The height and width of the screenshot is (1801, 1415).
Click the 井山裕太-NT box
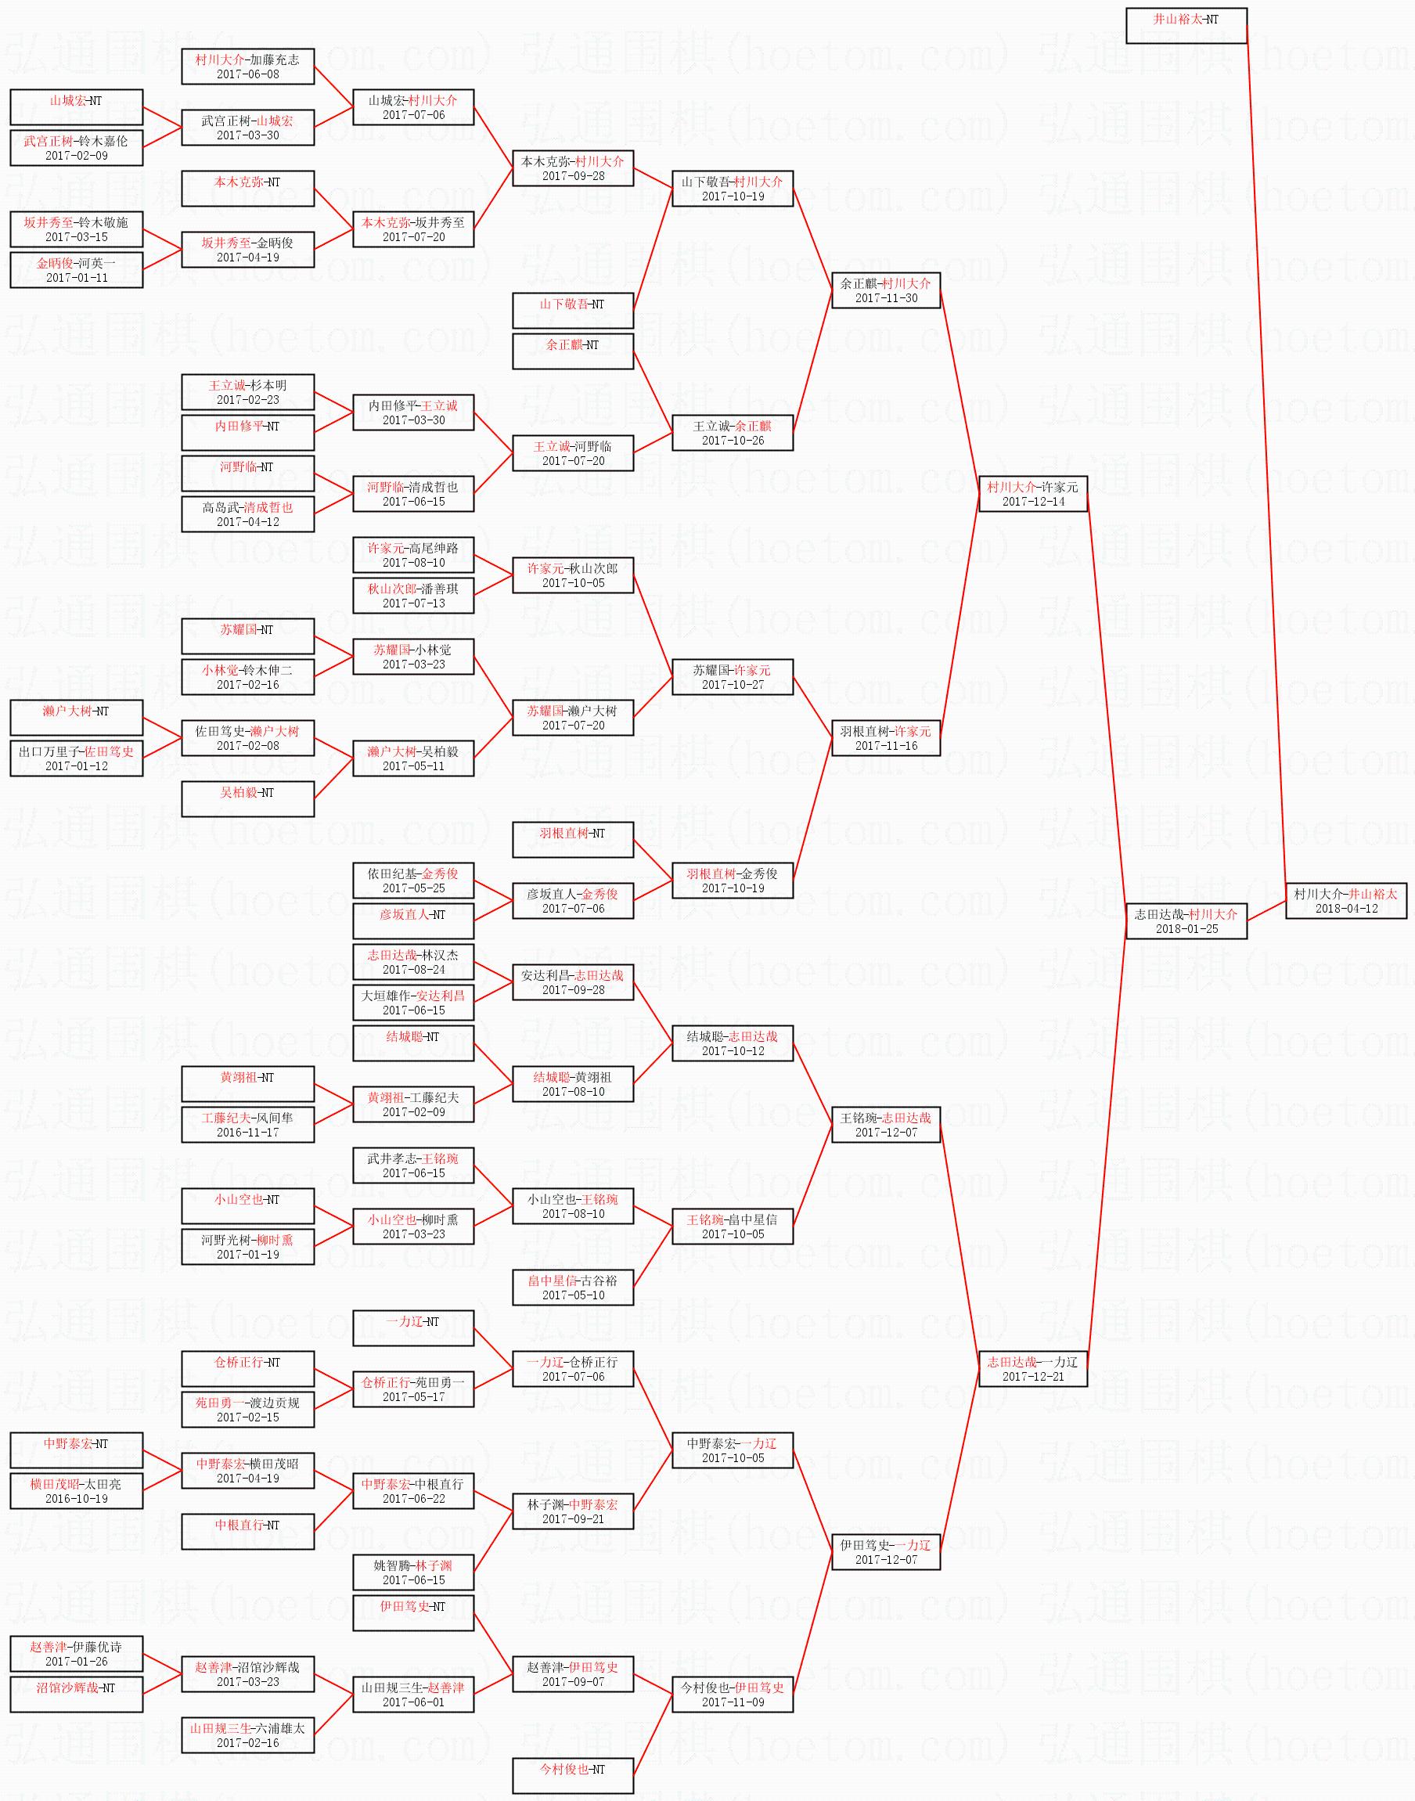pos(1186,26)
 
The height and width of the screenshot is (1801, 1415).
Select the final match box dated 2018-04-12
pos(1345,900)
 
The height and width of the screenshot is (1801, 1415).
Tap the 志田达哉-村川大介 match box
pos(1186,920)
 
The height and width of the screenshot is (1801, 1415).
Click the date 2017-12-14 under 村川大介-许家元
pos(1033,501)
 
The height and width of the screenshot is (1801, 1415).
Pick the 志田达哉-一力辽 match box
pos(1032,1369)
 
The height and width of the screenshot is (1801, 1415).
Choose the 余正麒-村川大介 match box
pos(886,290)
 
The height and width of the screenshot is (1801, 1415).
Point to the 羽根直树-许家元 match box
pos(886,738)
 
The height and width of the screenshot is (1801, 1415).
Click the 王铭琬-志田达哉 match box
pos(886,1124)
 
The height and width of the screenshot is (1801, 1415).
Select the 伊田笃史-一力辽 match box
pos(886,1551)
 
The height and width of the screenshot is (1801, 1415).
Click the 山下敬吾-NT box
pos(572,311)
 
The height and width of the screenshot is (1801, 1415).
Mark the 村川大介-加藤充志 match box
pos(248,67)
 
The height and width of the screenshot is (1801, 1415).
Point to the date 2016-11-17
pos(248,1132)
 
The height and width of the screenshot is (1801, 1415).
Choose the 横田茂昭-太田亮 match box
pos(76,1491)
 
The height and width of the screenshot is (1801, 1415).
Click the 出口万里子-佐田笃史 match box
pos(76,758)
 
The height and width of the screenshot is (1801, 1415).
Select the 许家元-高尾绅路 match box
pos(412,555)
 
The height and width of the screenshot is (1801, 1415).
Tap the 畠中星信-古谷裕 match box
pos(572,1287)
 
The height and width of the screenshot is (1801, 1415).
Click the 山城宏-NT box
pos(76,107)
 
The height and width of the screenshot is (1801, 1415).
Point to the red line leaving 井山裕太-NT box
pos(1266,456)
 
